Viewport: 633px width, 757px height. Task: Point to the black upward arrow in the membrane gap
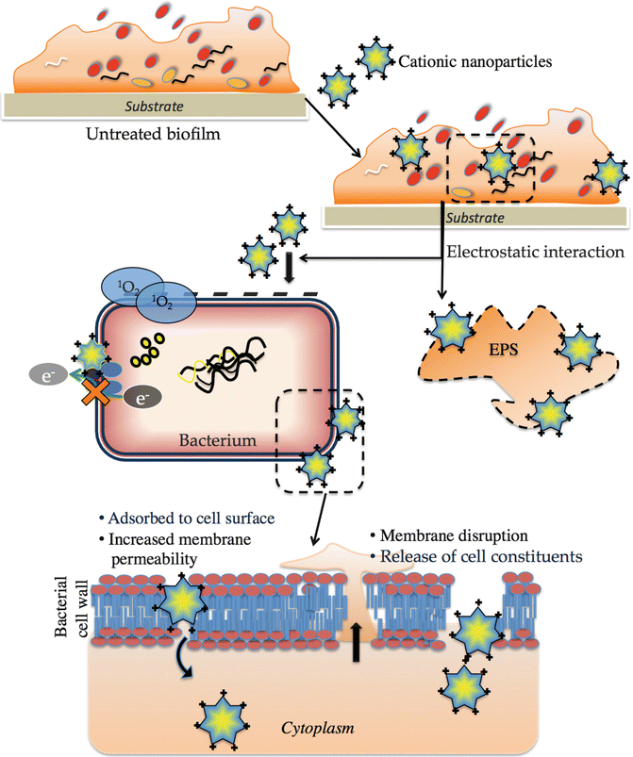358,647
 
